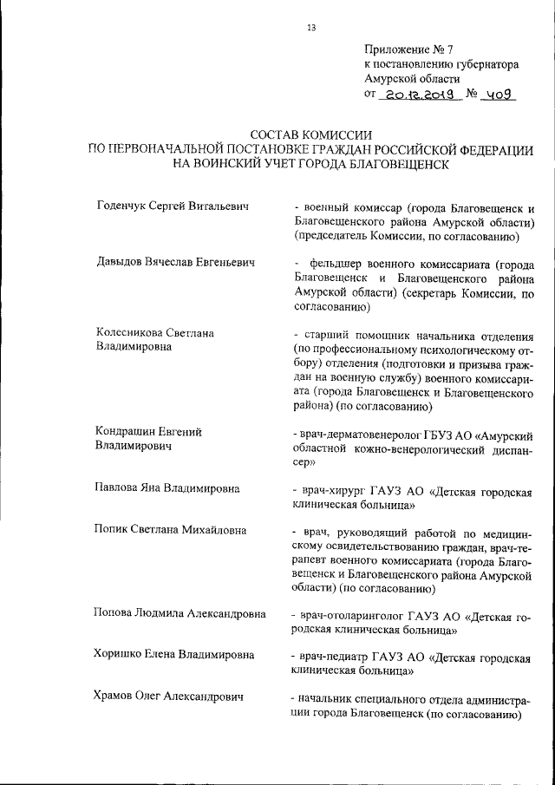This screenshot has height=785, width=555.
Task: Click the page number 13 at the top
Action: tap(311, 28)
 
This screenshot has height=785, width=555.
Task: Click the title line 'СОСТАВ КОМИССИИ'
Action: tap(310, 135)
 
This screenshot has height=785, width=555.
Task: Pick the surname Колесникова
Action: tap(132, 333)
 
